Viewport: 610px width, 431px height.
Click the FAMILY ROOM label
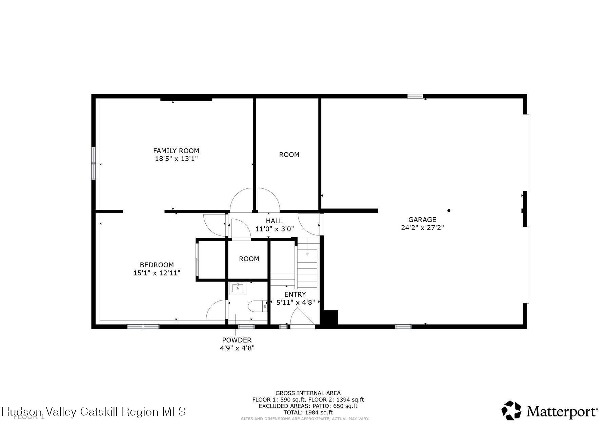176,151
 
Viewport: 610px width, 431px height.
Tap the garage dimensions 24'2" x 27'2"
422,228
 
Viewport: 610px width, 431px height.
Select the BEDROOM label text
157,265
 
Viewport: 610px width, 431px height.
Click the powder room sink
239,289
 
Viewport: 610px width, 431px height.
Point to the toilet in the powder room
258,306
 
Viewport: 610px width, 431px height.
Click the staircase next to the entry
307,268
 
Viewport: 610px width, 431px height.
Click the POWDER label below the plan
237,340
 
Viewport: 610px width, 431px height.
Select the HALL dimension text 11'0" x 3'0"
274,229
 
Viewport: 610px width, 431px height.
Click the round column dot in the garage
449,210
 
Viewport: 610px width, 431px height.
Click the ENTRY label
295,294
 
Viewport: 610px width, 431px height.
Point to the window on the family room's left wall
93,163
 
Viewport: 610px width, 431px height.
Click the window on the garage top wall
415,96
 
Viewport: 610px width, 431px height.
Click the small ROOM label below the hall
249,259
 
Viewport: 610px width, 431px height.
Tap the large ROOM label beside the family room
289,155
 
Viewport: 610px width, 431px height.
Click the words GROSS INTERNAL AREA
308,393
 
